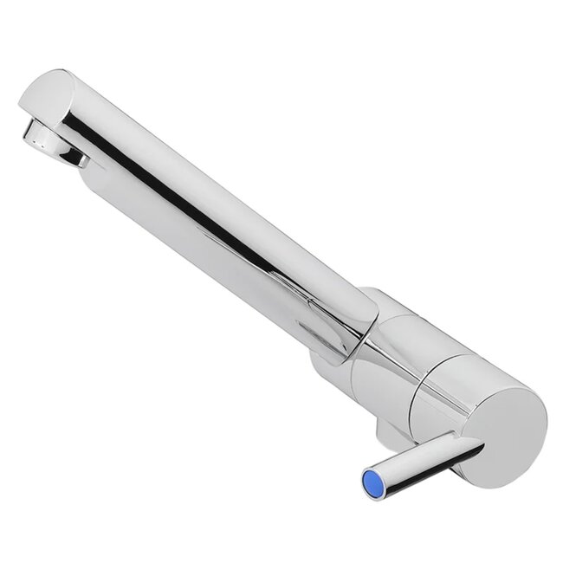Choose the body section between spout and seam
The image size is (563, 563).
(x=390, y=355)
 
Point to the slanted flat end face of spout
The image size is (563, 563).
(x=43, y=95)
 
